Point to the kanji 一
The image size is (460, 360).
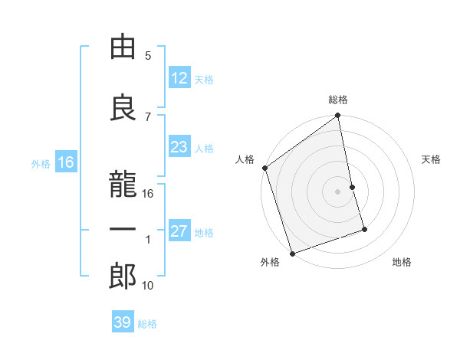(x=123, y=230)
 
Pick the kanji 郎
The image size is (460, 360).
(x=123, y=277)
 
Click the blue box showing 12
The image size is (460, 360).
(x=179, y=78)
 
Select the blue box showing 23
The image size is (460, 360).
(x=179, y=148)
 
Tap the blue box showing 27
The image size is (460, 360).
(x=179, y=232)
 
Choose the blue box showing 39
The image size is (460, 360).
(x=122, y=322)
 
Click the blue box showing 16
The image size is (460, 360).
(x=65, y=162)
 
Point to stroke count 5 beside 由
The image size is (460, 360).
(x=148, y=55)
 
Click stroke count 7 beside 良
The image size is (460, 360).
(x=148, y=116)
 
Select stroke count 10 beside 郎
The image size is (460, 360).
(x=148, y=285)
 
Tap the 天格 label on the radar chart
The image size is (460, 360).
(x=432, y=159)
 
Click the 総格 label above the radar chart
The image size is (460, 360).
(x=338, y=100)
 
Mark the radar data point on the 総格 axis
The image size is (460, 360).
(x=338, y=116)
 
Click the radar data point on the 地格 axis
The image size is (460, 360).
(x=364, y=229)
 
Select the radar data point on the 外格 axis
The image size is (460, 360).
(x=291, y=253)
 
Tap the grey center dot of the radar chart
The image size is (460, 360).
(x=338, y=191)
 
